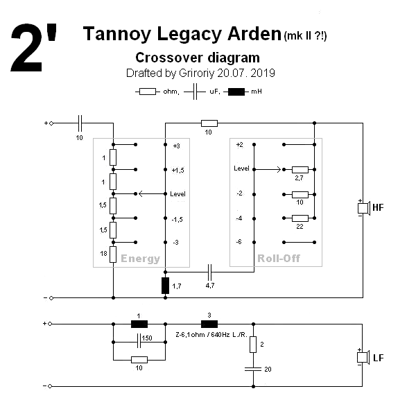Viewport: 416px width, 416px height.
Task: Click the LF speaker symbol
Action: [x=361, y=357]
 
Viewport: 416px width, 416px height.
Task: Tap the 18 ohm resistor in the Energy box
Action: [x=113, y=254]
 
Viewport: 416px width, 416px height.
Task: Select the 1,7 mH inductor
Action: [x=165, y=285]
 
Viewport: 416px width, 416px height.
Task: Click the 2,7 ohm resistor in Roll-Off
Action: [x=300, y=169]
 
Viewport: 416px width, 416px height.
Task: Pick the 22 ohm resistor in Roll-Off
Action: [x=300, y=218]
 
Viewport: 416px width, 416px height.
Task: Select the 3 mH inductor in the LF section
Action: [x=209, y=323]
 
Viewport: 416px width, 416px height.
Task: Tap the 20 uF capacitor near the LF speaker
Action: [x=254, y=370]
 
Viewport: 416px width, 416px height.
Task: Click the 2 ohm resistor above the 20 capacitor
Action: [x=254, y=344]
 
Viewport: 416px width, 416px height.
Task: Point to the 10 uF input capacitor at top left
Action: [x=79, y=123]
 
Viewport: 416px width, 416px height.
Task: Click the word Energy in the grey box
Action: [x=141, y=259]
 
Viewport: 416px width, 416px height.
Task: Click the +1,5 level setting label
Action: [x=177, y=170]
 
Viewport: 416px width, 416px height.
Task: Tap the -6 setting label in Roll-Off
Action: [x=239, y=242]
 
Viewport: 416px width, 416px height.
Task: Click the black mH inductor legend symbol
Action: [x=236, y=92]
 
